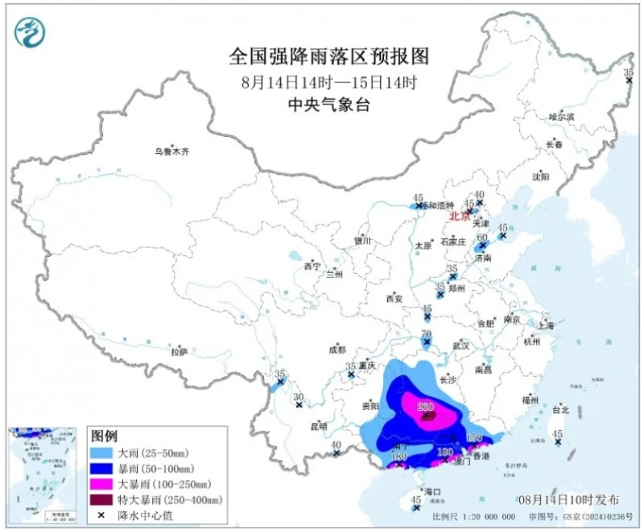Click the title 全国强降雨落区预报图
click(328, 56)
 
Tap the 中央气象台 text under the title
click(328, 106)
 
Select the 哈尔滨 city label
click(561, 117)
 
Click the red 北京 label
click(458, 216)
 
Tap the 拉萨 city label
click(179, 351)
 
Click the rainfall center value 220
click(426, 407)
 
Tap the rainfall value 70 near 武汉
click(427, 334)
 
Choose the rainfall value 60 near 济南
click(482, 238)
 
